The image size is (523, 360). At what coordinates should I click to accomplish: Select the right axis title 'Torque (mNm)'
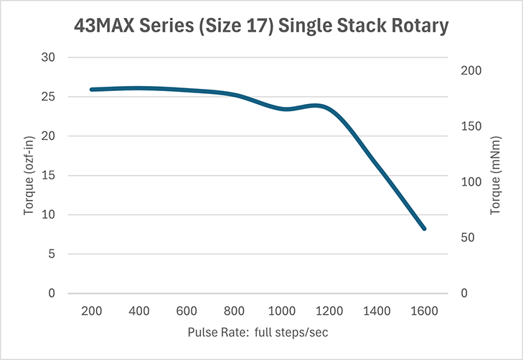(495, 175)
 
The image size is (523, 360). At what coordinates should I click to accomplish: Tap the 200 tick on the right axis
(468, 71)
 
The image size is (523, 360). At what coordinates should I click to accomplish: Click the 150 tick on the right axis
(468, 127)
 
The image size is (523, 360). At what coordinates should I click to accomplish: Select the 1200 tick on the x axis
(329, 311)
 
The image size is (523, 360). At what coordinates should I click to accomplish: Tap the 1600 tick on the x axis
(425, 311)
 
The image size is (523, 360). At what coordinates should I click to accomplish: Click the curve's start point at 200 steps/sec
(91, 90)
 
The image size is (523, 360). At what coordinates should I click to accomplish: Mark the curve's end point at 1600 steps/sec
(425, 229)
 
